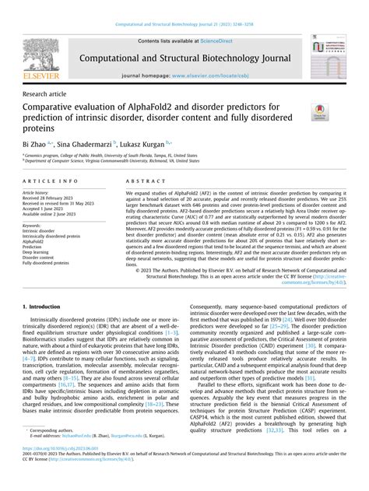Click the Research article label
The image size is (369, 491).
click(x=46, y=92)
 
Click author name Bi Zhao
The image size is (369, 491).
click(x=37, y=144)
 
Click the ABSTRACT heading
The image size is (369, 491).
click(x=140, y=181)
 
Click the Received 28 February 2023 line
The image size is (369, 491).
click(x=50, y=198)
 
